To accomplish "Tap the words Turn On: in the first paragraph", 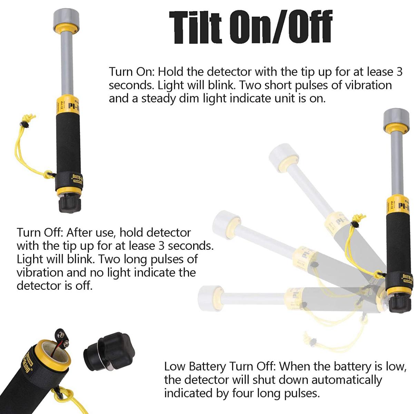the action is click(132, 71).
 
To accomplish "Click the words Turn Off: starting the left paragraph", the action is click(40, 233).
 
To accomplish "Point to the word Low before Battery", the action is click(175, 366).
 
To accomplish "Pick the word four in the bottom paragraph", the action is click(243, 393).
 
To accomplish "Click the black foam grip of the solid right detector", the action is click(399, 244).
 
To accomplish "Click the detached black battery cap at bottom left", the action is click(109, 352).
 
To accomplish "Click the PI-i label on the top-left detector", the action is click(74, 106).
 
